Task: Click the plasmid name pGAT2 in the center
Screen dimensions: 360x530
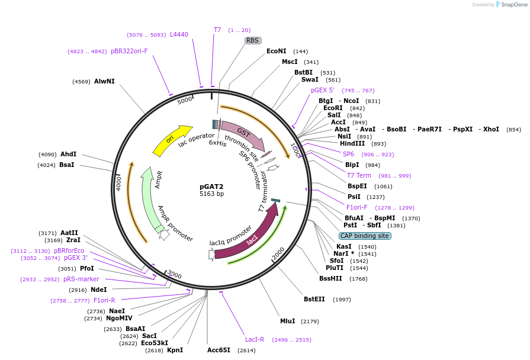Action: point(211,186)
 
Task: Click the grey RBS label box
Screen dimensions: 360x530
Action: point(253,40)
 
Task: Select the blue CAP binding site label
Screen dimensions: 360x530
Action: point(365,236)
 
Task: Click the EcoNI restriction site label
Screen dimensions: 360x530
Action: point(276,52)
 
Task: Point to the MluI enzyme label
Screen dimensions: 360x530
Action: point(287,322)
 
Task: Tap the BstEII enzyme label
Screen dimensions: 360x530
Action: point(314,299)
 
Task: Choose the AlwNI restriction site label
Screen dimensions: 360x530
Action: point(104,81)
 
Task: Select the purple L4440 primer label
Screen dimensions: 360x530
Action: point(179,34)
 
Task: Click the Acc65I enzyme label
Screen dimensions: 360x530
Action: point(219,351)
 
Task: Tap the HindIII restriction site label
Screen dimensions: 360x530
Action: point(352,144)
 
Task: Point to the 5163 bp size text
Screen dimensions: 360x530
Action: point(211,194)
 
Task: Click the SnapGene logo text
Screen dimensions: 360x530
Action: point(513,5)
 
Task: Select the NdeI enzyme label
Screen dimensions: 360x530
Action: point(98,290)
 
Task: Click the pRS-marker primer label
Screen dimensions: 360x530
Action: point(81,279)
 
